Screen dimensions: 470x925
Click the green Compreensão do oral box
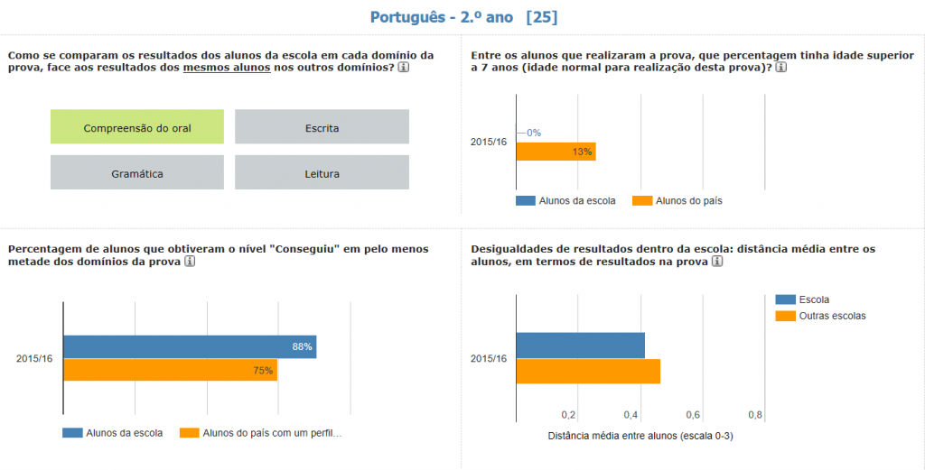coord(136,127)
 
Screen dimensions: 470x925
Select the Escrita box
coord(322,127)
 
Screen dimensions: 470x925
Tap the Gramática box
coord(136,173)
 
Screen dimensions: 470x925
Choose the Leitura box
coord(322,173)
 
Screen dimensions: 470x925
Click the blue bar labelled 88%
coord(189,346)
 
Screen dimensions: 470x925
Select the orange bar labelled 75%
coord(170,370)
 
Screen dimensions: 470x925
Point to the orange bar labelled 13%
coord(555,152)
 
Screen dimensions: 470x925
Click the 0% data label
coord(533,133)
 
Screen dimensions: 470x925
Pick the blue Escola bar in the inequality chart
coord(580,346)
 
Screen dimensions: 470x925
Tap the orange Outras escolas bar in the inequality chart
coord(587,372)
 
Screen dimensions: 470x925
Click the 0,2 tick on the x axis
coord(568,415)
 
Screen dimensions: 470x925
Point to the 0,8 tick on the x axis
coord(755,415)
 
